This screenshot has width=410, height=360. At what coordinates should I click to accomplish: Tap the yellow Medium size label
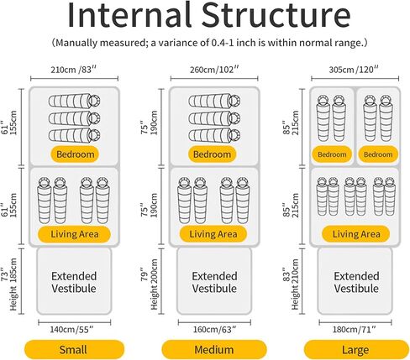click(214, 350)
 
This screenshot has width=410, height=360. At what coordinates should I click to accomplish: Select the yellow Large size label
click(355, 350)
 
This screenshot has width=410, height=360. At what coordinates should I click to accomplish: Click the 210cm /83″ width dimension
click(73, 70)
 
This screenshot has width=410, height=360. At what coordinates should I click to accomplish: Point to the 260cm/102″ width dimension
click(214, 70)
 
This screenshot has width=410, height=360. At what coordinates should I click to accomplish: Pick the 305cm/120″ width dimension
click(354, 70)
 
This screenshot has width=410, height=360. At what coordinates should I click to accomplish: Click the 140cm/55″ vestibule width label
click(71, 329)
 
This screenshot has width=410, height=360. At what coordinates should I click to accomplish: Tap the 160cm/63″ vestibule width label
click(214, 329)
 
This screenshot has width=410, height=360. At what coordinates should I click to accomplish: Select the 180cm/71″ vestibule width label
click(355, 329)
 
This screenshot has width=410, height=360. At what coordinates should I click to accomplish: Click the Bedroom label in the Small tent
click(75, 154)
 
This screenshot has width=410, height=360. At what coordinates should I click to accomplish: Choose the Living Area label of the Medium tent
click(213, 234)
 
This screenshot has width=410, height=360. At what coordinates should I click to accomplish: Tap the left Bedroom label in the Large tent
click(332, 154)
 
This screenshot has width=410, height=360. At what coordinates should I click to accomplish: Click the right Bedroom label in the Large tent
click(378, 154)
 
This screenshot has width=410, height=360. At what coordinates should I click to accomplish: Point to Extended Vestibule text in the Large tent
click(356, 282)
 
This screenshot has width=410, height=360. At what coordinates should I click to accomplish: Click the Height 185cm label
click(13, 284)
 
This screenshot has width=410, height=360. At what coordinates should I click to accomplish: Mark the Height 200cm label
click(154, 284)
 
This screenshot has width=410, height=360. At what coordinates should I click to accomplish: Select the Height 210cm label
click(295, 284)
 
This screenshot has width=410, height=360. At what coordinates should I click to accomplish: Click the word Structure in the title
click(276, 15)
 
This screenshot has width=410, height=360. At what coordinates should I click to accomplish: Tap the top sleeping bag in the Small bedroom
click(75, 101)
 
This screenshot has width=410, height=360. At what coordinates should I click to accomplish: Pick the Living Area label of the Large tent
click(356, 234)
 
